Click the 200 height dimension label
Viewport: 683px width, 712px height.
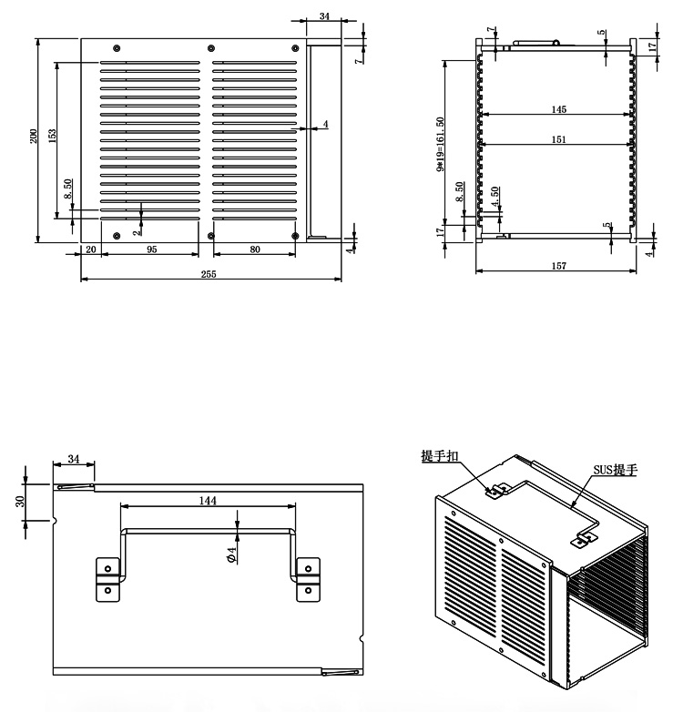coord(34,137)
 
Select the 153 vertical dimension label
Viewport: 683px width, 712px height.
coord(52,134)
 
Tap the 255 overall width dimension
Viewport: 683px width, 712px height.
coord(209,274)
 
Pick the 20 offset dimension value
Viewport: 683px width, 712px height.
coord(90,249)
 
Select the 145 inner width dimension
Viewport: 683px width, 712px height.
coord(558,109)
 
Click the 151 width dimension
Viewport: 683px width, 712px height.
coord(558,139)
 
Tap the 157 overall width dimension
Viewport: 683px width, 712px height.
coord(558,266)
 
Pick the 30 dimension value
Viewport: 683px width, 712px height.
coord(20,502)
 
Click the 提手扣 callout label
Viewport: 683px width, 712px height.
coord(439,456)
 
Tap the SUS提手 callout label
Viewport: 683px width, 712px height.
coord(616,470)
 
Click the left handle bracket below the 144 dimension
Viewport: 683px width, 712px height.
coord(108,579)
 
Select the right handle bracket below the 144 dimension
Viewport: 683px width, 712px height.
coord(309,579)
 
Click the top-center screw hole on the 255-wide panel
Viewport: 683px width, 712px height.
coord(212,47)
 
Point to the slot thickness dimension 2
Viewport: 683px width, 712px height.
coord(136,231)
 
